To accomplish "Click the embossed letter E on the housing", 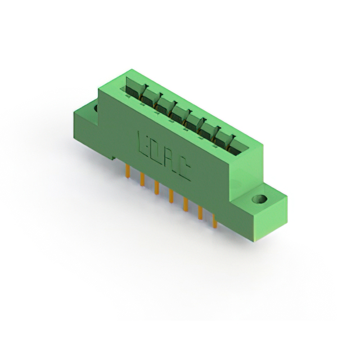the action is (144, 144).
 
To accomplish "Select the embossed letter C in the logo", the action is (184, 169).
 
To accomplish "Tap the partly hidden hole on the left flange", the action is (96, 108).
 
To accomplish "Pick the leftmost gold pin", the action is (128, 171).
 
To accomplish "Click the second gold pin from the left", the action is (142, 179).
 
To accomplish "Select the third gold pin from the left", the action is (157, 187).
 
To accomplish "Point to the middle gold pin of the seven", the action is (171, 196).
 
